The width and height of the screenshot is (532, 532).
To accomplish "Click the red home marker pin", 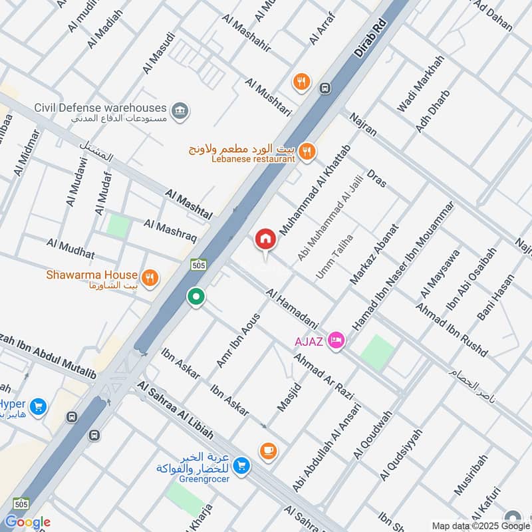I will [265, 239].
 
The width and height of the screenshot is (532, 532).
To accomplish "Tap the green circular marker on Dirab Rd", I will [196, 297].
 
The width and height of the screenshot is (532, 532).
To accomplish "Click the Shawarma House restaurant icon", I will [150, 277].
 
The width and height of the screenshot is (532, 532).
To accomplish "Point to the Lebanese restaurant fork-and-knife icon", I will [306, 152].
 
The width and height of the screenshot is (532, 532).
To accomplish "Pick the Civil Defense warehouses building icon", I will [179, 110].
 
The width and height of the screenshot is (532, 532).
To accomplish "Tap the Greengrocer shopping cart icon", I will [242, 465].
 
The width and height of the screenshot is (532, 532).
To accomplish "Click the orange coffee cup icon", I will [268, 450].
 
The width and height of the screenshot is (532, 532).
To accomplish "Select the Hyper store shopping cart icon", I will [38, 406].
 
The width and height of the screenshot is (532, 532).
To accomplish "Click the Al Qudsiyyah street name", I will [401, 454].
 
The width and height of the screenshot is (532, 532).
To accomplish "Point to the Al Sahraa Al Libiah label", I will [176, 410].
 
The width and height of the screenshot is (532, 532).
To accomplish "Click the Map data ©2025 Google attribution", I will [481, 525].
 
